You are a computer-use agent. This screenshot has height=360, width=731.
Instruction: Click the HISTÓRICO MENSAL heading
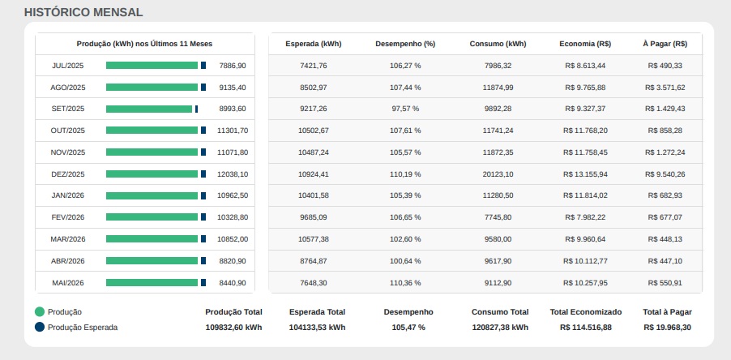pyautogui.click(x=83, y=13)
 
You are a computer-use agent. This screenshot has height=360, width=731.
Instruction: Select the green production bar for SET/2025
pyautogui.click(x=149, y=109)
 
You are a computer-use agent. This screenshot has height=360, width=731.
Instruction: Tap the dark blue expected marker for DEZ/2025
pyautogui.click(x=203, y=174)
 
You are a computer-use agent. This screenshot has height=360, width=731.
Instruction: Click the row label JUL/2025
pyautogui.click(x=67, y=66)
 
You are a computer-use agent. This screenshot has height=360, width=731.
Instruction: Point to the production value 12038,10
pyautogui.click(x=233, y=174)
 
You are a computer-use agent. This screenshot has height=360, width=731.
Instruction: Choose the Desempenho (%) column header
pyautogui.click(x=405, y=44)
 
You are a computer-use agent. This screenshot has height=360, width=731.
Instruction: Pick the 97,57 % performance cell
pyautogui.click(x=405, y=109)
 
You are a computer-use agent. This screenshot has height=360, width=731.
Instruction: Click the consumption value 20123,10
pyautogui.click(x=498, y=174)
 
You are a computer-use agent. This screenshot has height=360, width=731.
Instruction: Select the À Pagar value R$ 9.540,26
pyautogui.click(x=665, y=174)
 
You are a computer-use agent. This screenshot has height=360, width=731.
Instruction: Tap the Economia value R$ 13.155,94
pyautogui.click(x=585, y=174)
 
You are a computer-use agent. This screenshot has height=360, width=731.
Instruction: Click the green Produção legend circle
pyautogui.click(x=40, y=312)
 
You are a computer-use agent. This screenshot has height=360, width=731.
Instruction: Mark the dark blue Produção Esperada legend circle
pyautogui.click(x=40, y=327)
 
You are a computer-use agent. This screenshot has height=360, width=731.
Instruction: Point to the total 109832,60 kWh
pyautogui.click(x=233, y=328)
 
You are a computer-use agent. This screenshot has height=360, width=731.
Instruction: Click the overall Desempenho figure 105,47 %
pyautogui.click(x=408, y=328)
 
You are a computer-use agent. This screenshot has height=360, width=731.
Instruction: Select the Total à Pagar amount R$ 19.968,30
pyautogui.click(x=667, y=328)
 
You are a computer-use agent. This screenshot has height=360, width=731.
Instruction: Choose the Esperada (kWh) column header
pyautogui.click(x=314, y=44)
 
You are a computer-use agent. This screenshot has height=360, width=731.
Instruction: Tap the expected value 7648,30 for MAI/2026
pyautogui.click(x=314, y=283)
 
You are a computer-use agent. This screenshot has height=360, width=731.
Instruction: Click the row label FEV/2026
pyautogui.click(x=67, y=217)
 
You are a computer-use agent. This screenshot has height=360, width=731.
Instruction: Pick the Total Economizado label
pyautogui.click(x=586, y=312)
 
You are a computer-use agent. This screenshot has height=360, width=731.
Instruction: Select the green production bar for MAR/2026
pyautogui.click(x=152, y=238)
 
